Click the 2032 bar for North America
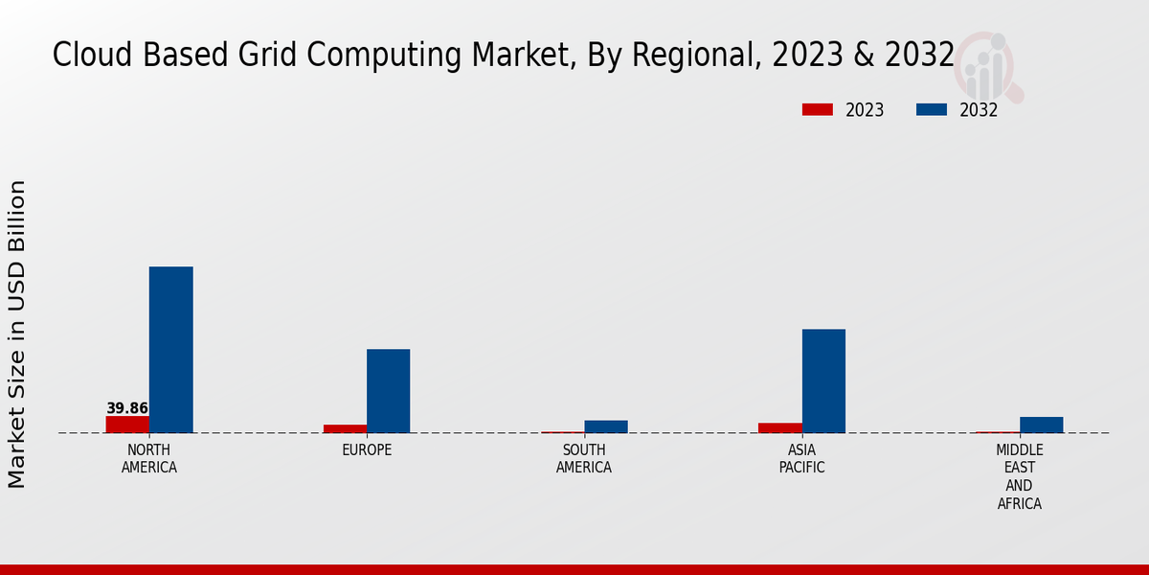[170, 350]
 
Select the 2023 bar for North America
[127, 425]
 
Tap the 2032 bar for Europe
[388, 391]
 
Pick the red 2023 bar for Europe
[345, 428]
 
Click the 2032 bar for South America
[605, 426]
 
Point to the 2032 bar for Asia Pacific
[823, 381]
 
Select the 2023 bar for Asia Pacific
[779, 427]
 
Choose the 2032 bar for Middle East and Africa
[1041, 425]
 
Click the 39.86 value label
[127, 408]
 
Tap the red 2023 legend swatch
[817, 110]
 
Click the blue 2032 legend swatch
[931, 110]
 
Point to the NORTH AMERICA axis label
[148, 459]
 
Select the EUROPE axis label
[367, 450]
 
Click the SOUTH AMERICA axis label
[584, 459]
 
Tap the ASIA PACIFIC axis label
[801, 459]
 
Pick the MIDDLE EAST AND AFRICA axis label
[1019, 477]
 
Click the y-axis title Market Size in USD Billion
[17, 333]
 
